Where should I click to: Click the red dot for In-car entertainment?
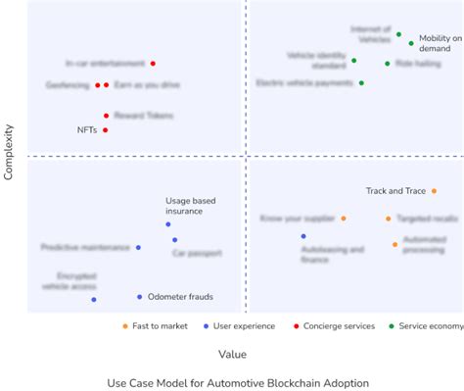point(153,64)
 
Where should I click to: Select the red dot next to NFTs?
point(105,129)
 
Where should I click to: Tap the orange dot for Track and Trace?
point(434,191)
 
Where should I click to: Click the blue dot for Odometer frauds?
point(139,297)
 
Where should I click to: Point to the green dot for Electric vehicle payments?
point(361,83)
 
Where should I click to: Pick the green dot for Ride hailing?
point(387,64)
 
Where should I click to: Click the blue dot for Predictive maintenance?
point(138,248)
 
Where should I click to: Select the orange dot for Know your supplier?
point(343,219)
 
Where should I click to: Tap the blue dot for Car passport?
point(174,239)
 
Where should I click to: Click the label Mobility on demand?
point(440,44)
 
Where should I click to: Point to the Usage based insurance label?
point(190,205)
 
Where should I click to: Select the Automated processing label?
point(424,244)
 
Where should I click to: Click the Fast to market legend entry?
point(156,326)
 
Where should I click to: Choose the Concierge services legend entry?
point(339,326)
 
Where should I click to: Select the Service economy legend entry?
point(432,326)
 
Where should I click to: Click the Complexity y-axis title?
point(9,152)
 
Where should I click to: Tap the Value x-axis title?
point(232,354)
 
